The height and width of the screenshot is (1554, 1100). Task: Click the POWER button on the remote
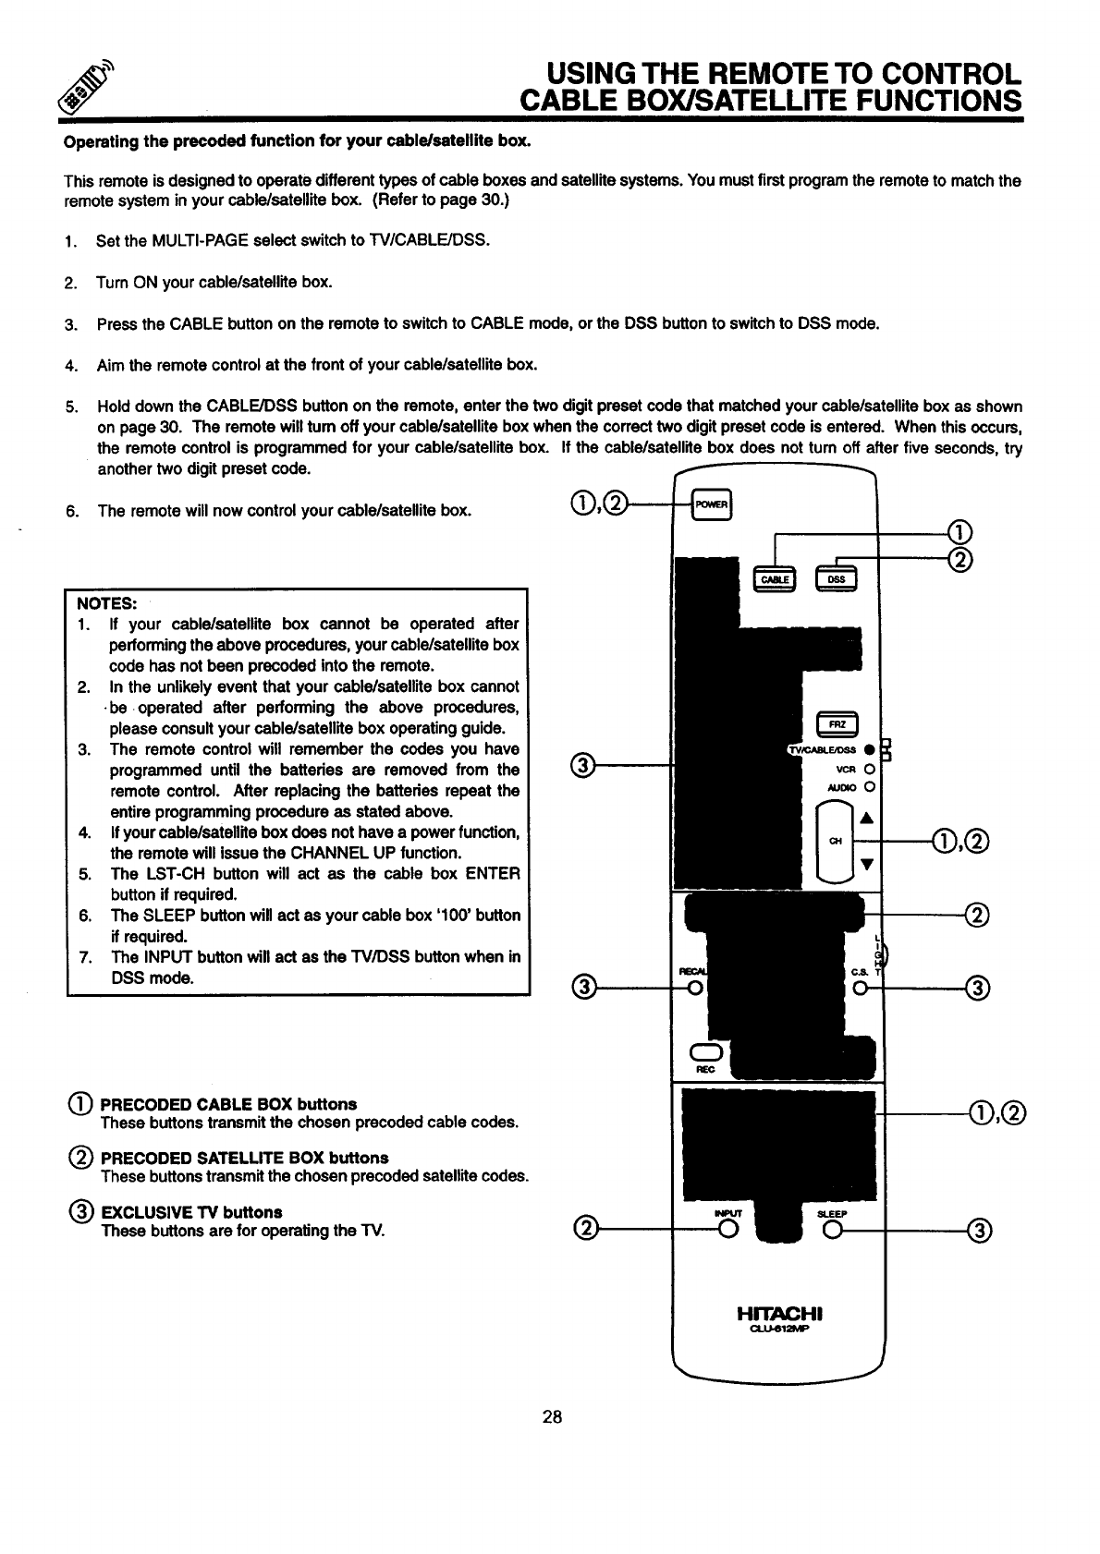pyautogui.click(x=713, y=504)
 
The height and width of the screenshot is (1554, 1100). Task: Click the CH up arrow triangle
pyautogui.click(x=866, y=817)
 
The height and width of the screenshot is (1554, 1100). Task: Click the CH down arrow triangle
pyautogui.click(x=866, y=865)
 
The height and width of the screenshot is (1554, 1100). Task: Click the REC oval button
pyautogui.click(x=705, y=1053)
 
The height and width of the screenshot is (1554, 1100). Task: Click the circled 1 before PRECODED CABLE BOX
pyautogui.click(x=79, y=1104)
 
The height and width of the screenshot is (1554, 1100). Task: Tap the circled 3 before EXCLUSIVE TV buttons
pyautogui.click(x=79, y=1211)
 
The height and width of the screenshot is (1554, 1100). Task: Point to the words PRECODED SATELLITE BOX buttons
pyautogui.click(x=244, y=1158)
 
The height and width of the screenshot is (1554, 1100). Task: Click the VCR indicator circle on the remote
pyautogui.click(x=870, y=769)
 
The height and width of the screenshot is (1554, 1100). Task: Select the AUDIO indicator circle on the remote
pyautogui.click(x=870, y=787)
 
